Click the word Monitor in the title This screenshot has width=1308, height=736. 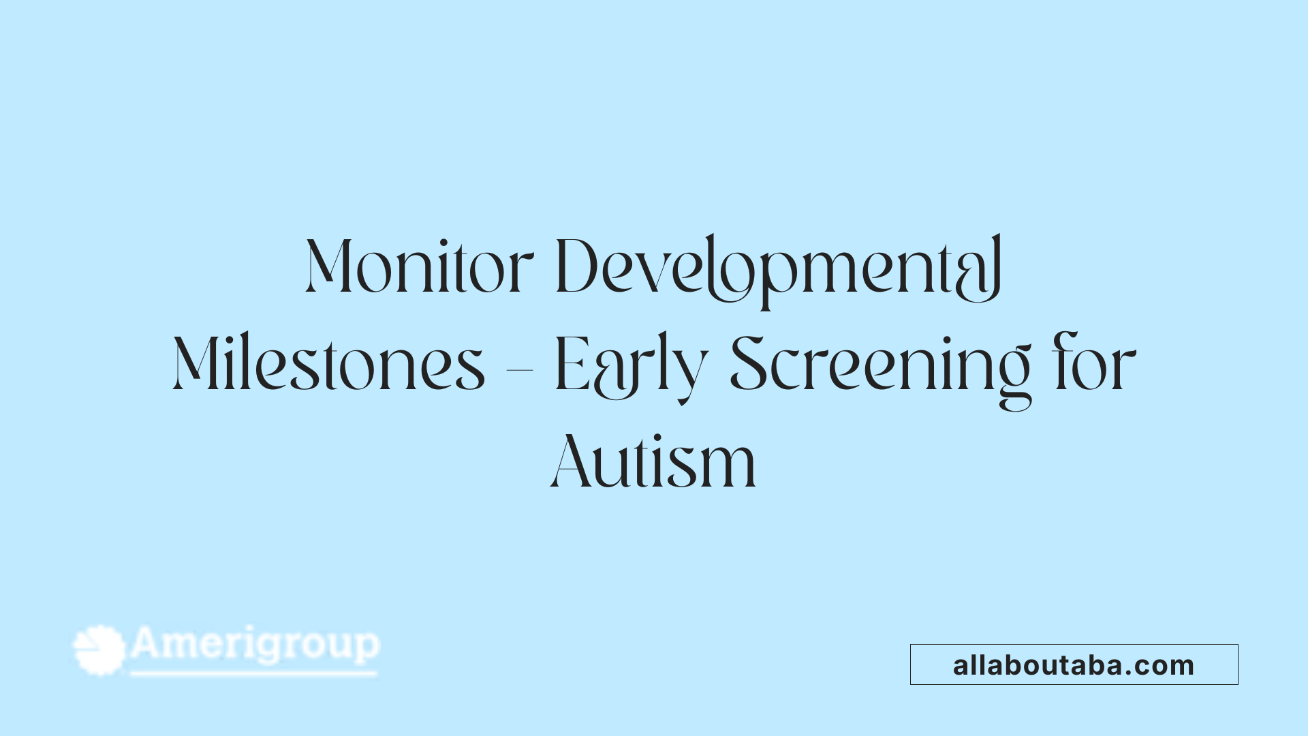coord(419,266)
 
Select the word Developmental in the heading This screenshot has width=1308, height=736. coord(779,268)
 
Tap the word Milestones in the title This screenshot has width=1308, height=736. coord(329,365)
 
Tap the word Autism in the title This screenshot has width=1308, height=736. coord(653,463)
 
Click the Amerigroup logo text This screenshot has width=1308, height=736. coord(255,644)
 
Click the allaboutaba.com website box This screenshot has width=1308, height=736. coord(1074,664)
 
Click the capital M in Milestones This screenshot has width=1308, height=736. coord(197,365)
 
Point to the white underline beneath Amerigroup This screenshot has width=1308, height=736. coord(253,674)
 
